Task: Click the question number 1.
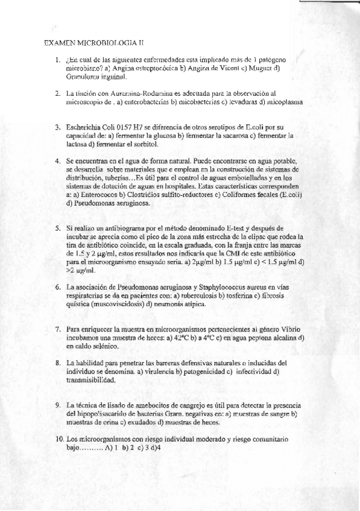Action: tap(56, 60)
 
